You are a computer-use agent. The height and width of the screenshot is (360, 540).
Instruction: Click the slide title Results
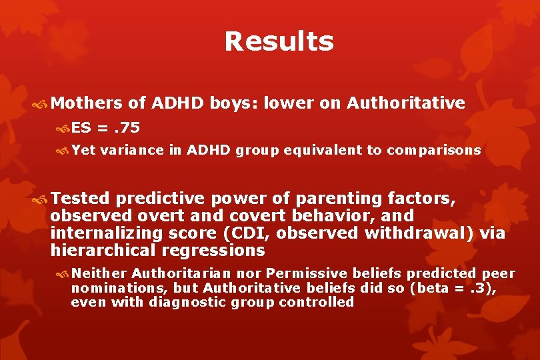click(279, 41)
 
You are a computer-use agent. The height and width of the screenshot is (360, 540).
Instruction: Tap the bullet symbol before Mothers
click(43, 103)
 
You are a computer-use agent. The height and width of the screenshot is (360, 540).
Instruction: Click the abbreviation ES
click(81, 127)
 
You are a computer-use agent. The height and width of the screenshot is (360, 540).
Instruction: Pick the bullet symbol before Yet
click(64, 151)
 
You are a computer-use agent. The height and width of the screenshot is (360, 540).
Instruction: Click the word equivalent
click(323, 150)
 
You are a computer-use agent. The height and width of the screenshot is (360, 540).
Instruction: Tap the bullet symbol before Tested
click(43, 198)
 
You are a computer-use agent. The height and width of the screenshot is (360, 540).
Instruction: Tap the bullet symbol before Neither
click(64, 274)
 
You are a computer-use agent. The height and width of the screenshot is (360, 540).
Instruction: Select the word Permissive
click(308, 273)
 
